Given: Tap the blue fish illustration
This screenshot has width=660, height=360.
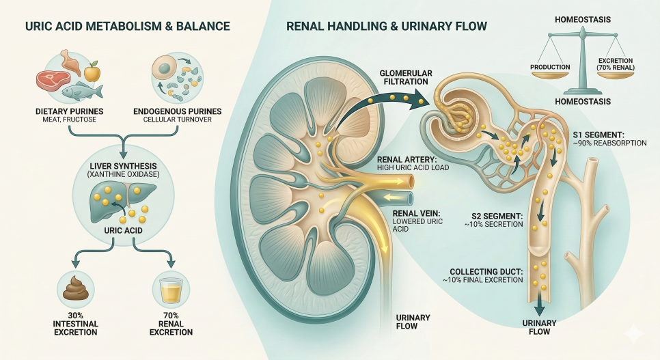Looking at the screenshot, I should click(80, 89).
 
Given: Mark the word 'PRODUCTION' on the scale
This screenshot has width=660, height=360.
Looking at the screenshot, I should click(550, 67).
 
